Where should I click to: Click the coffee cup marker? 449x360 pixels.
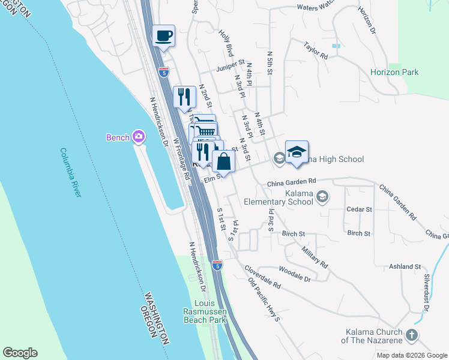[164, 36]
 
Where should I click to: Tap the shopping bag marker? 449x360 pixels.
[223, 161]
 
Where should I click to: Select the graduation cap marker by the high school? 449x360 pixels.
[297, 152]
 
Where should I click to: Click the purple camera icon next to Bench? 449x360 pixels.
[139, 137]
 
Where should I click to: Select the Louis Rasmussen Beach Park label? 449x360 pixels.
[205, 311]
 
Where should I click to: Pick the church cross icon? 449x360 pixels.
[412, 335]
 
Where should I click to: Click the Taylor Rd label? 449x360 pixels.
[316, 50]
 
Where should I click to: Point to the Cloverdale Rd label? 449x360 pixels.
[264, 282]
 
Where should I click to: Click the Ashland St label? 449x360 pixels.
[405, 266]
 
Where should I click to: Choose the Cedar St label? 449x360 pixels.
[360, 209]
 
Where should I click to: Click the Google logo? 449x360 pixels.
[20, 353]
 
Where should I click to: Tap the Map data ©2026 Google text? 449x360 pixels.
[411, 355]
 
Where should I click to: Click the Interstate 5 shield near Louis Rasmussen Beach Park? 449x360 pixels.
[217, 265]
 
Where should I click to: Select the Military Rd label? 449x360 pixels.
[315, 256]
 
